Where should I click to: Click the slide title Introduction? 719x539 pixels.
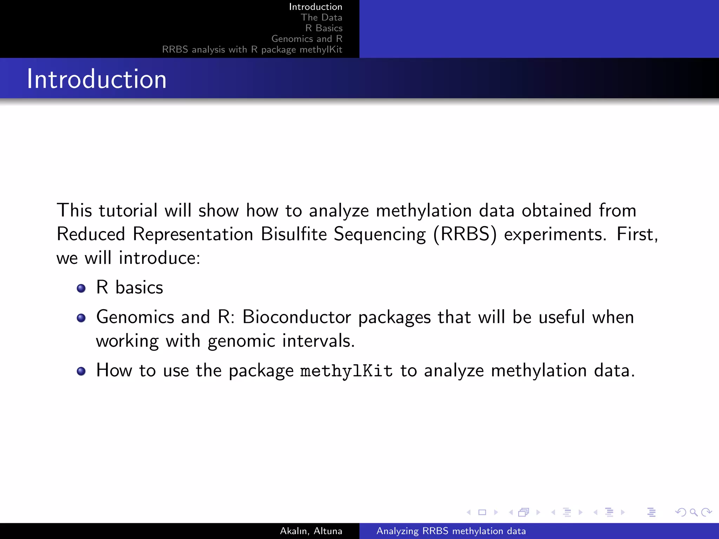(x=97, y=79)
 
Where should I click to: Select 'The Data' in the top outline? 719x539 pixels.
(x=321, y=18)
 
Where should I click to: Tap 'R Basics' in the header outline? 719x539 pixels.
(x=324, y=28)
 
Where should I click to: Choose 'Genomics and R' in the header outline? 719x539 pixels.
(x=306, y=39)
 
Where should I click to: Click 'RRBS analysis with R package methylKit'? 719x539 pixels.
(x=252, y=49)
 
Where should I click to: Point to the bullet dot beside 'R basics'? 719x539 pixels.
(x=81, y=288)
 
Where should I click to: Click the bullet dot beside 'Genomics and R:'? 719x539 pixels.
(x=81, y=318)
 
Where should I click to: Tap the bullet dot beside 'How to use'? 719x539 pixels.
(x=81, y=371)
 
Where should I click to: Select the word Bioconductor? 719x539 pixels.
(x=297, y=317)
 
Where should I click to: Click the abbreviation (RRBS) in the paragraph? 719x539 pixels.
(x=465, y=234)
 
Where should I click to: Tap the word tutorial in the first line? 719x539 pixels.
(x=128, y=211)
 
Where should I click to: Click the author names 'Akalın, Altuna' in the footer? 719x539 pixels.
(x=311, y=531)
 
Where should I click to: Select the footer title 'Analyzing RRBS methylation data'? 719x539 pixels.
(x=451, y=531)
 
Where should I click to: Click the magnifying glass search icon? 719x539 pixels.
(x=693, y=512)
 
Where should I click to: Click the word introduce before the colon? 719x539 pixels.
(x=159, y=258)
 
